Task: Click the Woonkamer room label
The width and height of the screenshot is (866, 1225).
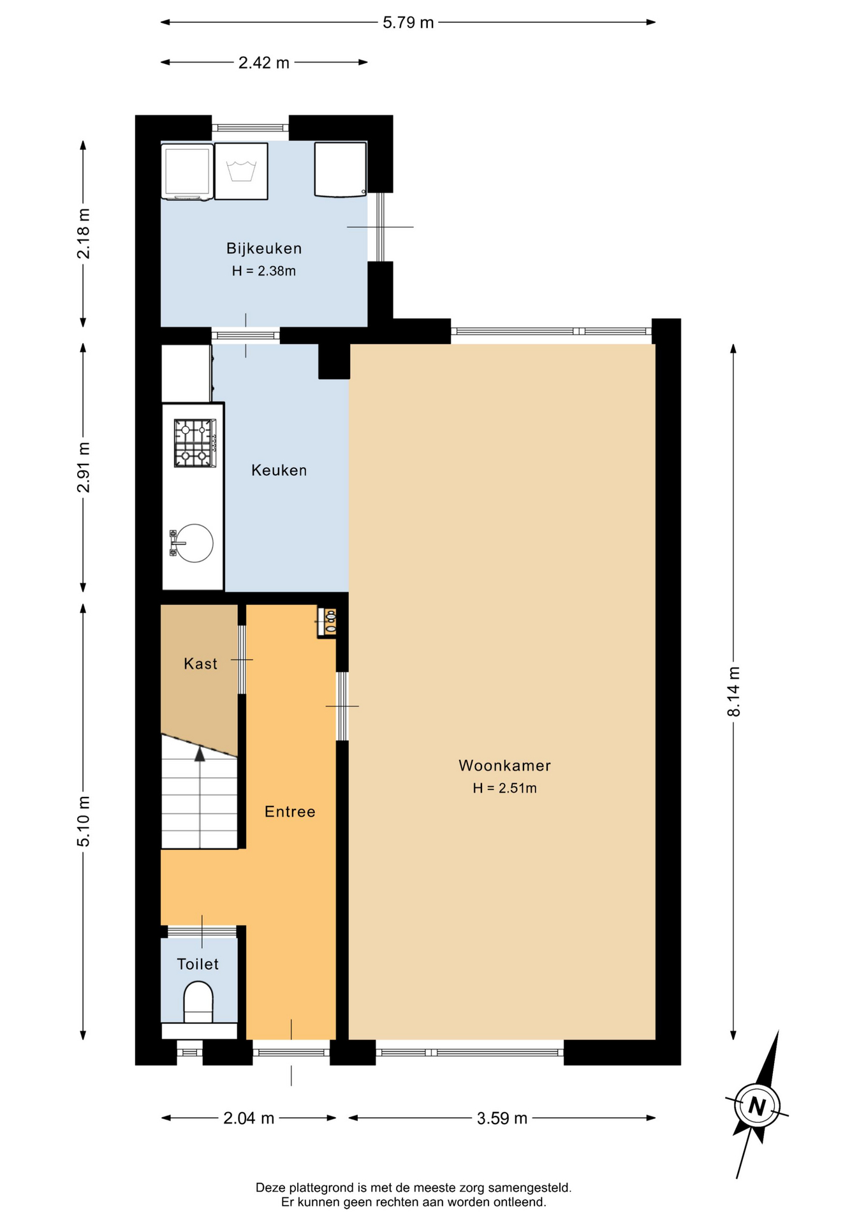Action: coord(504,766)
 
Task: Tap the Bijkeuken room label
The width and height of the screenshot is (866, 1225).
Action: coord(264,249)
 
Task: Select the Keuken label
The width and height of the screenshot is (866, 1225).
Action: coord(279,470)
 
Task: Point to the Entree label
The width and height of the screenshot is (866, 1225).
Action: coord(290,812)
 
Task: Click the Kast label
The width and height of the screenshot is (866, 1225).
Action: coord(201,664)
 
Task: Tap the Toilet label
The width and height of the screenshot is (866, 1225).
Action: coord(198,964)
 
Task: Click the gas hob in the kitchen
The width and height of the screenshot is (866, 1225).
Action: coord(195,443)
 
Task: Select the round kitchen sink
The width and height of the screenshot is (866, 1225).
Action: coord(194,543)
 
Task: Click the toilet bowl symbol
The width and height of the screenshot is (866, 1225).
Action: coord(198,1003)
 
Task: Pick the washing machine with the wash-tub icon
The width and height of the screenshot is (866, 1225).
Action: coord(241,171)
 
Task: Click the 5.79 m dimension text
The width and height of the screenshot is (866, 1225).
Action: coord(408,23)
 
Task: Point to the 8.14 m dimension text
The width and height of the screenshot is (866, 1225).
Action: coord(734,692)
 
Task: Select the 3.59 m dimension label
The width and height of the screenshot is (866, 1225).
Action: coord(503,1118)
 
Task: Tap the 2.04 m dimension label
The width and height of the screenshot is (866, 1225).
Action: coord(249,1118)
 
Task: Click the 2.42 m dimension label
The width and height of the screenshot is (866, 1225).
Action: coord(264,63)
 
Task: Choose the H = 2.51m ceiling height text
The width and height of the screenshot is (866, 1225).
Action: coord(504,789)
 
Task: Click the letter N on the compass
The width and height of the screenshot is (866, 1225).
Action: coord(757,1106)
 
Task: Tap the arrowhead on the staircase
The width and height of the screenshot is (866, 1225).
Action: coord(200,754)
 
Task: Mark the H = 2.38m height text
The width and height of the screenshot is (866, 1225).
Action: coord(264,271)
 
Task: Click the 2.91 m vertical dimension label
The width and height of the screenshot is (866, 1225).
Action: coord(84,468)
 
